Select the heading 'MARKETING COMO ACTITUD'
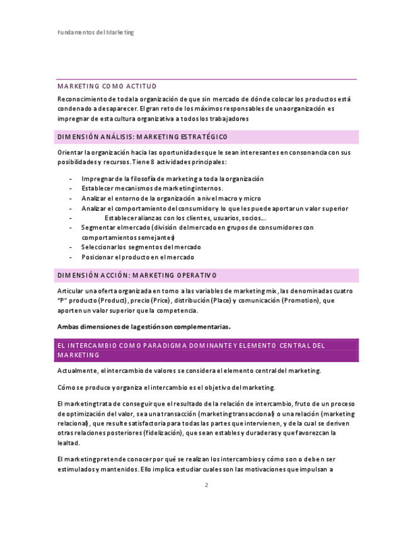tap(107, 86)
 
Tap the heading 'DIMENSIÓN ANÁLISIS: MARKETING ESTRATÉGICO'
tap(143, 137)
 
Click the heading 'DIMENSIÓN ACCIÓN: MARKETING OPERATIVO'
tap(137, 275)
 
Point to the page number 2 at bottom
tap(206, 485)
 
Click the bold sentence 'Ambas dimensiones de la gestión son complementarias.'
tap(144, 327)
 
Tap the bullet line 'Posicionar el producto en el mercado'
tap(137, 257)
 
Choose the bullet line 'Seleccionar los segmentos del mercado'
tap(141, 247)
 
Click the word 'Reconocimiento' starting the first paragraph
tap(81, 99)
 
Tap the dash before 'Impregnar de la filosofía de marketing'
tap(71, 179)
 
